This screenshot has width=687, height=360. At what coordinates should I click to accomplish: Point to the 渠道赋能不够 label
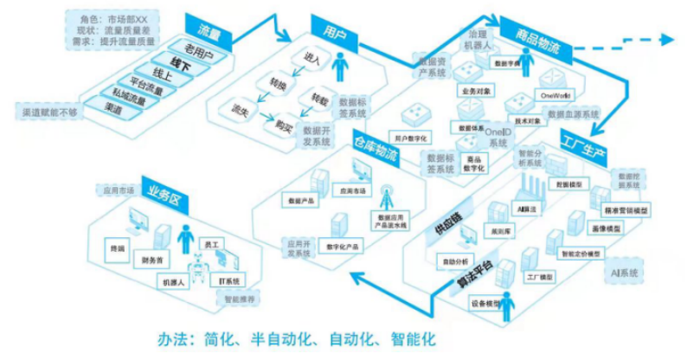(50, 112)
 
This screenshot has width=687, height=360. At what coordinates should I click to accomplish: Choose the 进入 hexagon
(311, 59)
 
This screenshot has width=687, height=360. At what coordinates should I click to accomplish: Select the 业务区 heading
(166, 191)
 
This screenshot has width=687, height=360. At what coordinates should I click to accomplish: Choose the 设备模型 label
(487, 304)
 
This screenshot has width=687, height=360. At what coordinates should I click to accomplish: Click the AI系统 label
(624, 273)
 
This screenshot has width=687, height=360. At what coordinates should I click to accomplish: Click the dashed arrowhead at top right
(666, 38)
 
